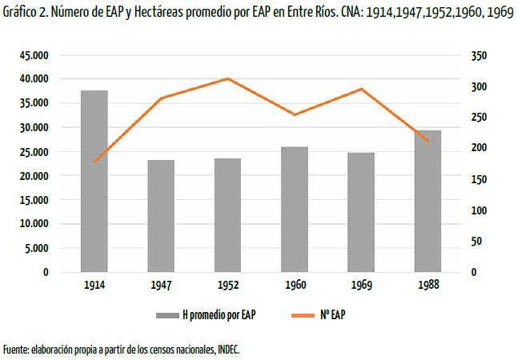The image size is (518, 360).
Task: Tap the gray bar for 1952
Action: point(227,215)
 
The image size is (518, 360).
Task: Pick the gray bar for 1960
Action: point(295,210)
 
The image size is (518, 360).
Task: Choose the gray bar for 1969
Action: point(361,212)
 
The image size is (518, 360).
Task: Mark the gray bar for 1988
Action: point(428,201)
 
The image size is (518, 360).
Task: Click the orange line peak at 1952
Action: point(228,78)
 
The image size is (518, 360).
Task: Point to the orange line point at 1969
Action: point(362,89)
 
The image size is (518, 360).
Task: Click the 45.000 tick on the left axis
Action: point(34,55)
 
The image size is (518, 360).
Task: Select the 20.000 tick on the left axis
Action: point(34,176)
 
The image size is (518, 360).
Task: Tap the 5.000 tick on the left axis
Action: point(37,248)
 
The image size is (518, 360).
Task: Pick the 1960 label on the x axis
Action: point(295,286)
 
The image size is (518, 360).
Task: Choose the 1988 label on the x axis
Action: point(428,286)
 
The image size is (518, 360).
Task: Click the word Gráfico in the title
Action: point(19,14)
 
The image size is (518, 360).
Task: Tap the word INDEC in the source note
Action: point(225,350)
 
